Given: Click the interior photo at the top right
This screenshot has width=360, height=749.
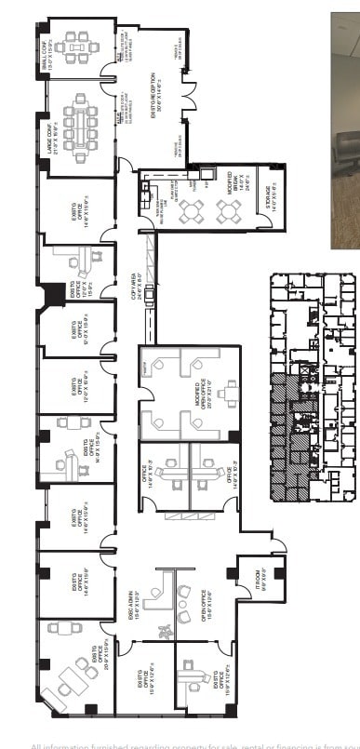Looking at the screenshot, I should click(x=345, y=130).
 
